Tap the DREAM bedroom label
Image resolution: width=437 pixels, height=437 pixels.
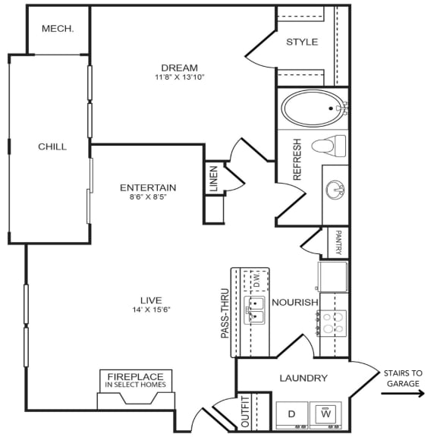pyautogui.click(x=180, y=68)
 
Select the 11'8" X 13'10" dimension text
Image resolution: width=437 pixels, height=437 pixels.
pyautogui.click(x=180, y=77)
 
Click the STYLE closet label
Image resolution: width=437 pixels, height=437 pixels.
pyautogui.click(x=302, y=42)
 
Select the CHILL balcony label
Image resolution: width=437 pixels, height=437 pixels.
pyautogui.click(x=52, y=146)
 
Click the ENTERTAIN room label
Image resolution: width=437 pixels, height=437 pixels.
pyautogui.click(x=148, y=187)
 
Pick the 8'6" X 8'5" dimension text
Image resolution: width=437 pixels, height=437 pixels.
pyautogui.click(x=148, y=197)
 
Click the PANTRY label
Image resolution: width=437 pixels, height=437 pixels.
pyautogui.click(x=338, y=243)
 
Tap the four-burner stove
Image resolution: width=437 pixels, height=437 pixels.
pyautogui.click(x=334, y=323)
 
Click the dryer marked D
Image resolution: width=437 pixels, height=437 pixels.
pyautogui.click(x=292, y=414)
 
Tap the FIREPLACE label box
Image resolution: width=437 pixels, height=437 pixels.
pyautogui.click(x=136, y=379)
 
